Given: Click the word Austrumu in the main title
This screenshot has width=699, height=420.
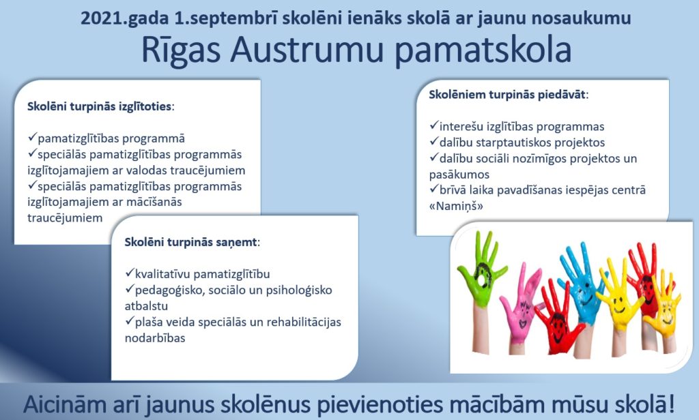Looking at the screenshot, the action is point(307,50).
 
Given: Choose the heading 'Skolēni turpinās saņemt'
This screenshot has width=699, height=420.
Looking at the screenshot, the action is point(192,242).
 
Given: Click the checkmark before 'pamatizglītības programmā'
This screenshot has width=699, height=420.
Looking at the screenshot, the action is point(31,137).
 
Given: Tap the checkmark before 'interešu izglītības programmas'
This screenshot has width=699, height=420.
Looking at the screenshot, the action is point(433,125).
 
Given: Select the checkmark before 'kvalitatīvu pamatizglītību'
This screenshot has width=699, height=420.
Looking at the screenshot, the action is point(129,272).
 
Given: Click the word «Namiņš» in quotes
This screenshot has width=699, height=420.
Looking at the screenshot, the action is point(456,206).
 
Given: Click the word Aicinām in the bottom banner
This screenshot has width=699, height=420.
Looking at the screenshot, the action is point(76,404).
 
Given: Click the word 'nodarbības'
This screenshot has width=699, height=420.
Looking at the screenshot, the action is point(155,338).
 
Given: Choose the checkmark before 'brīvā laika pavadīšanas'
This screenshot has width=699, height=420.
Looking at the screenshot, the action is point(433,189).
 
